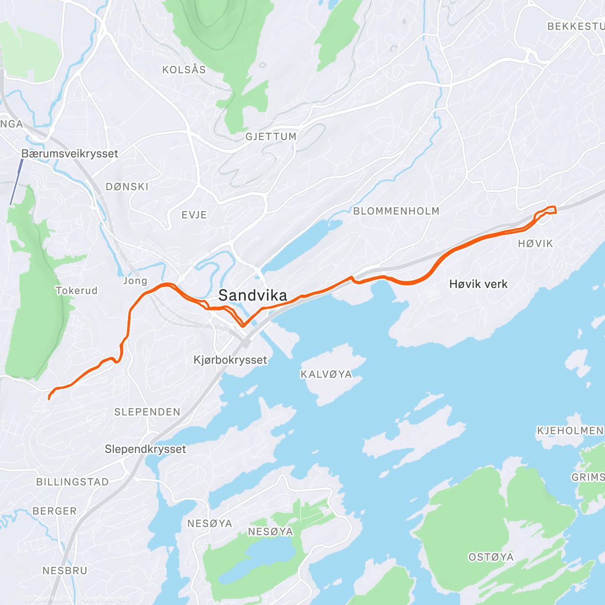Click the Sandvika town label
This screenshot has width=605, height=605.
point(253,296)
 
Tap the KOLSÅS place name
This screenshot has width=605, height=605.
point(184,70)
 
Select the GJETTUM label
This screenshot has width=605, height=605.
point(271,137)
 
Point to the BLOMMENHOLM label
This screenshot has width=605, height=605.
point(396,211)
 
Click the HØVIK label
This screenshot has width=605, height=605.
point(535,244)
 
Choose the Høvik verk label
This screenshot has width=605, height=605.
point(478,284)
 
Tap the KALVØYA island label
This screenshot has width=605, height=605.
point(326,374)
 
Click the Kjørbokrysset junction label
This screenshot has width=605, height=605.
point(230,360)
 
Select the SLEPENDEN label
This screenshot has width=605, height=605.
point(147,412)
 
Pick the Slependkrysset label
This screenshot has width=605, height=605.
point(145,449)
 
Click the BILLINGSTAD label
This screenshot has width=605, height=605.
point(73,482)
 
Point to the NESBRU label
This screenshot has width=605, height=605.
point(65,571)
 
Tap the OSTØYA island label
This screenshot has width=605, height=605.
point(491,557)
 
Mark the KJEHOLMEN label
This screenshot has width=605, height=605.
point(570,431)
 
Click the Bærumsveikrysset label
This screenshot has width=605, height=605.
point(70,154)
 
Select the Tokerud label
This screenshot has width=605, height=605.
point(77,290)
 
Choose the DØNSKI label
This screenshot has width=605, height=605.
point(127,187)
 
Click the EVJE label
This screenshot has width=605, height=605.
point(194,215)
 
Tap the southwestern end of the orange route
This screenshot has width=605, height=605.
point(49,399)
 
